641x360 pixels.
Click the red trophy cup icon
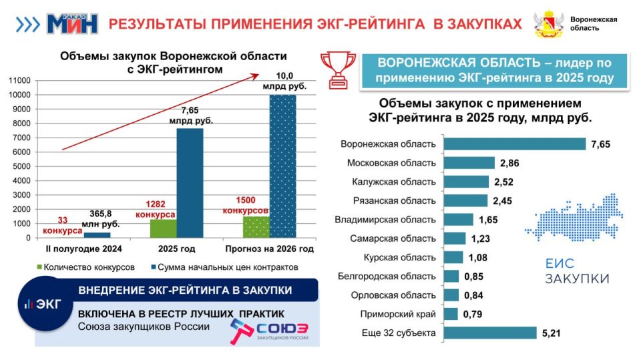point(338,68)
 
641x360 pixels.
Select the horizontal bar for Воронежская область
point(514,144)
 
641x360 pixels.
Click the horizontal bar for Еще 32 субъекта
point(490,333)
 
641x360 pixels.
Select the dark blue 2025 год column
point(190,182)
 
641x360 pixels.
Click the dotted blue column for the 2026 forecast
point(282,166)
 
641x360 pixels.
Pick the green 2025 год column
point(163,228)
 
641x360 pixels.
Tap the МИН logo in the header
point(71,24)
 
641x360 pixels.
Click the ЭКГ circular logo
point(43,303)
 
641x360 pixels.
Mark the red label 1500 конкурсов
point(245,206)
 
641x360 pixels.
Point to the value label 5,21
point(553,333)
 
